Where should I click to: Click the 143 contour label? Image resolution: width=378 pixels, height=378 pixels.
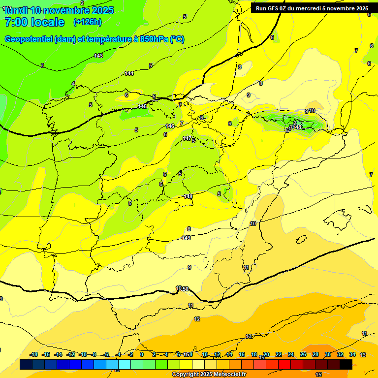point(98,56)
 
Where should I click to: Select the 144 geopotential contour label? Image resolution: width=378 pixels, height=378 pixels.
point(129,73)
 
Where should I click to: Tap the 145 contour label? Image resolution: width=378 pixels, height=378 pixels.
point(142,106)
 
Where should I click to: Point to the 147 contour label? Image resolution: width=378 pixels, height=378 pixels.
point(187,138)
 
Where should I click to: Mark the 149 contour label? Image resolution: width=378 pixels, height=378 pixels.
point(186,238)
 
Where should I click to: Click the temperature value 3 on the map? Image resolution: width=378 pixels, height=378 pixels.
point(42,65)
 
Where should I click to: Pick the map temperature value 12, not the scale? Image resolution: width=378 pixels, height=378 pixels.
point(197,319)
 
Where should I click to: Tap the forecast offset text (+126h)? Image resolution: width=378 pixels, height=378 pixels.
point(87,22)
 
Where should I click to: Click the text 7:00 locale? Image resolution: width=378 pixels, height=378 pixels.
point(34,22)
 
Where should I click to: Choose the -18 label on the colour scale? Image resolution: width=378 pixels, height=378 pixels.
point(33,354)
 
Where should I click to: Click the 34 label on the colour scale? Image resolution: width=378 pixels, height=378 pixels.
point(352,354)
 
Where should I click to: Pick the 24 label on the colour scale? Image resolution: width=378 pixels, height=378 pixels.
point(291,354)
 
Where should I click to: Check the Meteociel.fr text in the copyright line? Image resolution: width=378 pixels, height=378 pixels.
point(226,375)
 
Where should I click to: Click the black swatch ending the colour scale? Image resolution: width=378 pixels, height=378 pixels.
point(346,364)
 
